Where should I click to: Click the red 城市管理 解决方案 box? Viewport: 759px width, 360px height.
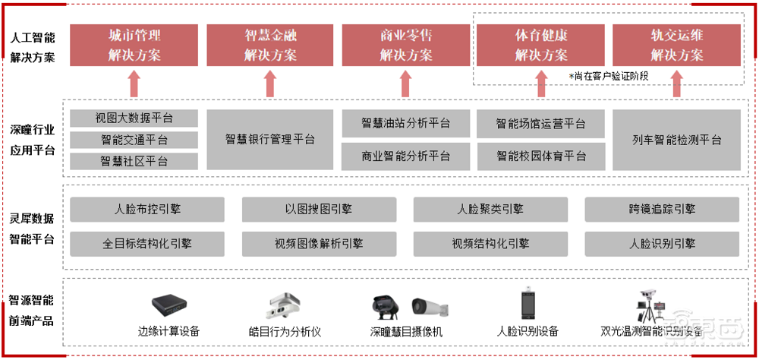coord(134,45)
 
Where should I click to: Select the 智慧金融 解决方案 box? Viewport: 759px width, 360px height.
coord(269,45)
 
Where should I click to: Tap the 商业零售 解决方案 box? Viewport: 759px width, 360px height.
coord(405,45)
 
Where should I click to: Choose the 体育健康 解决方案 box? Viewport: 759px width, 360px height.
coord(540,45)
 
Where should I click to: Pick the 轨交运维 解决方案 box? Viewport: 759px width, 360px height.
coord(676,45)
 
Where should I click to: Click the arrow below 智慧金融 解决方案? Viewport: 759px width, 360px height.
coord(269,84)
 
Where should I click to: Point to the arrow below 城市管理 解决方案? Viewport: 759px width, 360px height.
coord(134,84)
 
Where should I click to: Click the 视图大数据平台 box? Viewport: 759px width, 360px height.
coord(134,118)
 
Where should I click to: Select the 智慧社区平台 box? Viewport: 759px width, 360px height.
coord(134,161)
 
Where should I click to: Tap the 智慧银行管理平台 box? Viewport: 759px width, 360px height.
coord(269,140)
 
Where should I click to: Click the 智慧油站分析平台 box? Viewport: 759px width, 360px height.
coord(405,124)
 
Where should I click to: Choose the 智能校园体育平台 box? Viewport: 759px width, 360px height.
coord(540,156)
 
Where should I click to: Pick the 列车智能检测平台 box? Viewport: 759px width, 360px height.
coord(676,140)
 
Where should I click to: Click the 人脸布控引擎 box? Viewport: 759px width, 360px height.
coord(147,209)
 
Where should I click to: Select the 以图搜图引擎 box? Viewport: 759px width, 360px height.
coord(319,209)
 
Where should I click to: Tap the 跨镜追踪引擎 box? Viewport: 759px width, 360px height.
coord(662,209)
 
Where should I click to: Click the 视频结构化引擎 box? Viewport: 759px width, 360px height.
coord(490,244)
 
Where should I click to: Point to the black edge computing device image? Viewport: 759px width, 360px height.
coord(169,306)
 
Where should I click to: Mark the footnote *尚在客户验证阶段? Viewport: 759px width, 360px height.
coord(609,76)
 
